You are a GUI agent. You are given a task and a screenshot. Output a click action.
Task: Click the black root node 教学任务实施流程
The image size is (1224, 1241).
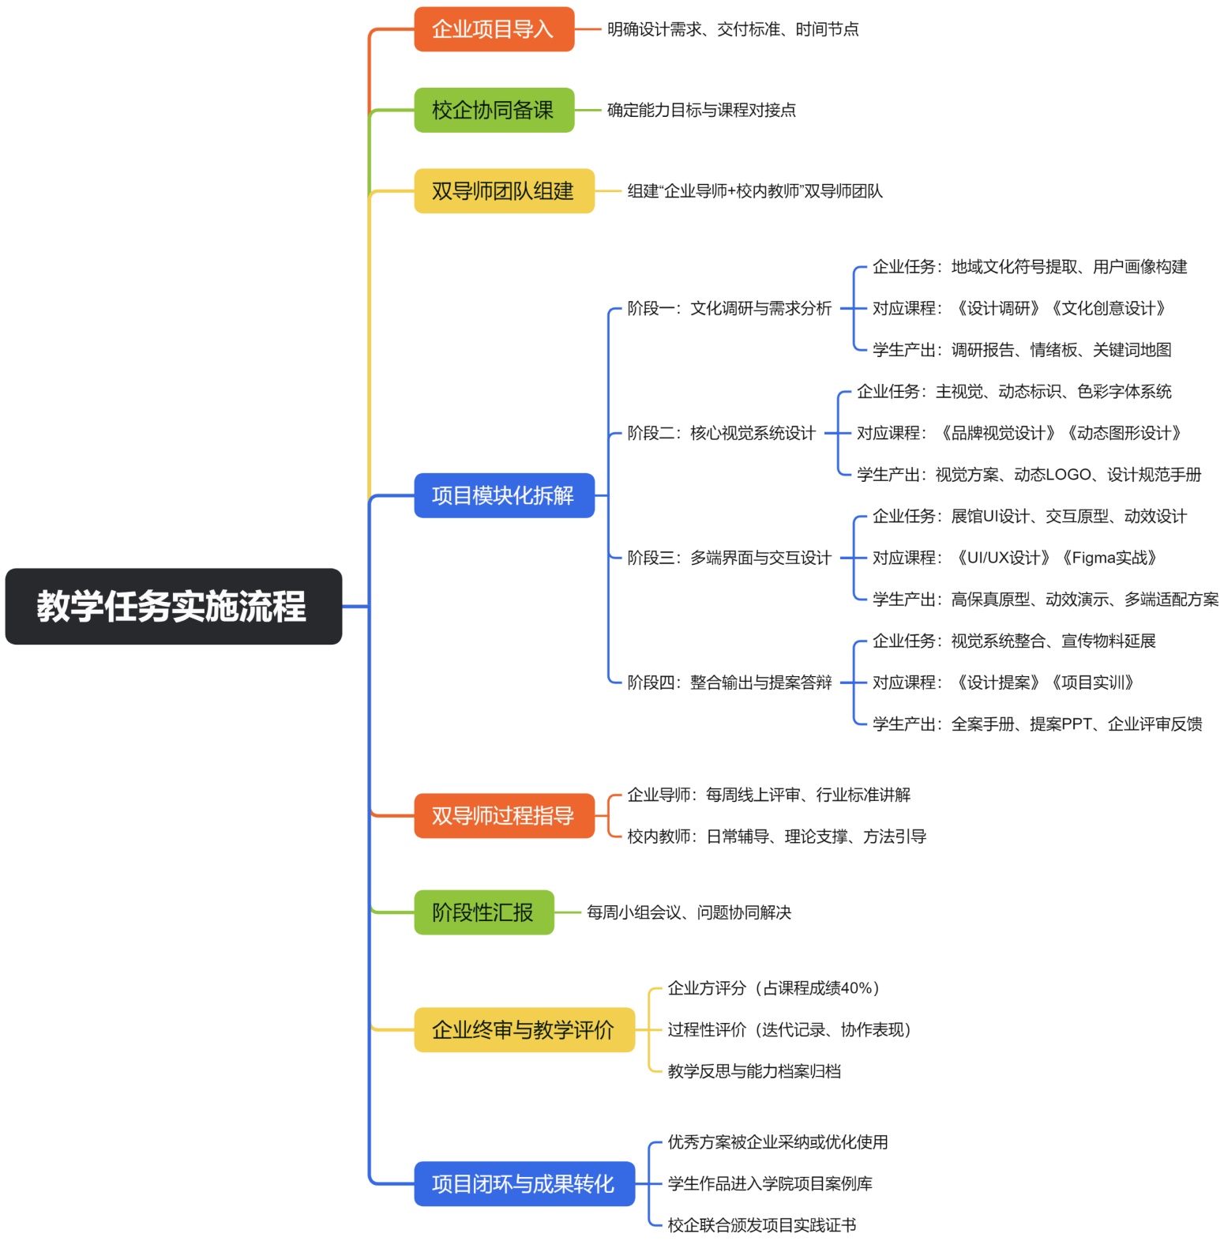tap(173, 606)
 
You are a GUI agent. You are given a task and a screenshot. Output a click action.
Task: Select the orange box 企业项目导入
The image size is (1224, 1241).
tap(494, 29)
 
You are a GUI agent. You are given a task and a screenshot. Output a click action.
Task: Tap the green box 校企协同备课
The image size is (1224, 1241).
tap(494, 110)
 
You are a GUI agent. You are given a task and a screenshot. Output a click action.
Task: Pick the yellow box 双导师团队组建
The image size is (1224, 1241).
tap(504, 190)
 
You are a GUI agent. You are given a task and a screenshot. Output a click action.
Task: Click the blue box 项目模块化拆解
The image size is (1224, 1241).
tap(504, 495)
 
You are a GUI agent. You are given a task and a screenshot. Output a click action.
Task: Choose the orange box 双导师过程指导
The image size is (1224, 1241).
tap(504, 815)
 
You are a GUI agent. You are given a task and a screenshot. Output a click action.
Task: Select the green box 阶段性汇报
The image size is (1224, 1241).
tap(483, 912)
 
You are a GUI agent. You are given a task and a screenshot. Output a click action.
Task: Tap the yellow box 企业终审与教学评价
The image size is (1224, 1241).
tap(524, 1029)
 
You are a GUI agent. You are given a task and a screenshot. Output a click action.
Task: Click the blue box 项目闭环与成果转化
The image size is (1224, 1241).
tap(524, 1183)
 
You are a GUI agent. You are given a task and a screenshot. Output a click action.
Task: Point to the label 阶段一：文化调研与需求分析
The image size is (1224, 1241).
tap(729, 308)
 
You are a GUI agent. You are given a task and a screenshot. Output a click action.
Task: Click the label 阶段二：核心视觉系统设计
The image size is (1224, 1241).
tap(721, 433)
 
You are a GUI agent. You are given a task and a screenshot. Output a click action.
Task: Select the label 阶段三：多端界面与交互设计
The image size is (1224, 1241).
tap(729, 558)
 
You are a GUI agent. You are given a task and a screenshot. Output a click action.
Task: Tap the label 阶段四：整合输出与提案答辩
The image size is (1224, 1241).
tap(729, 683)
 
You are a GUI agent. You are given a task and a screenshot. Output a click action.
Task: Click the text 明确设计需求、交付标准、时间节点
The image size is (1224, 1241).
tap(733, 29)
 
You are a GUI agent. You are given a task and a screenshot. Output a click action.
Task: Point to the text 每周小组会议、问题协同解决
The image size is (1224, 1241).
tap(689, 912)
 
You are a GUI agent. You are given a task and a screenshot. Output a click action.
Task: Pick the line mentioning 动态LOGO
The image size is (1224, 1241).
tap(1029, 475)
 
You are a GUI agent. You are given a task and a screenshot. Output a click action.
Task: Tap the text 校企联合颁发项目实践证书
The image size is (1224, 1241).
tap(761, 1225)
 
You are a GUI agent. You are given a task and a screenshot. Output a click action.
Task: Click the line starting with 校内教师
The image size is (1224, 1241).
tap(776, 836)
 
